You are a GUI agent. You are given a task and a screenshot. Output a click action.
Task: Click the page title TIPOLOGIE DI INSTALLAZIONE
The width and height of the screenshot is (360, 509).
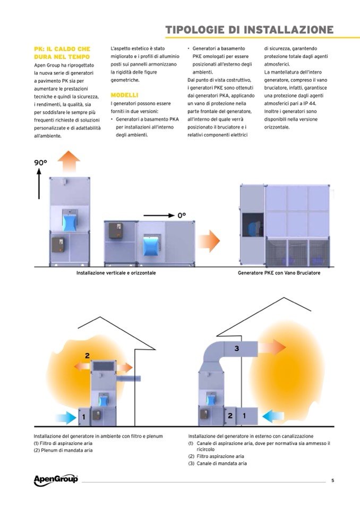coord(250,30)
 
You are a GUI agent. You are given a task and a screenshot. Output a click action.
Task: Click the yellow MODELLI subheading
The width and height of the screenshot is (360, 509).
coord(124,95)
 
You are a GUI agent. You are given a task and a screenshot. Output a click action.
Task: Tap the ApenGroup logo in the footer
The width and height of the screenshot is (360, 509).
coord(56,480)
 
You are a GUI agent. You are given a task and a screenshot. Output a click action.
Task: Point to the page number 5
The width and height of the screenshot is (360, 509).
coord(332,480)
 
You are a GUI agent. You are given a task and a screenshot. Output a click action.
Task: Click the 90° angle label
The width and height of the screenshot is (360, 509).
coord(40,162)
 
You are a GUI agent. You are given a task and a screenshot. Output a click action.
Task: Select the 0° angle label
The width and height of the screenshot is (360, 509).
coord(182,215)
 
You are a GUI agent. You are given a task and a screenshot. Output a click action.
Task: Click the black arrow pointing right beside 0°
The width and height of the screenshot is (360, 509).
coord(159,215)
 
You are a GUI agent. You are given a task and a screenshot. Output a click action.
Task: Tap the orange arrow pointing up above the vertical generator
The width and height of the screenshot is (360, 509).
coord(69,162)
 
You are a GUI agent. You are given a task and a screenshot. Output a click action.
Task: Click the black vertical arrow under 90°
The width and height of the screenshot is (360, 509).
coord(39,184)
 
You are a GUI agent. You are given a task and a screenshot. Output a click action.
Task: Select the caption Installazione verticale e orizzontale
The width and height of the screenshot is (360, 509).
coord(116,273)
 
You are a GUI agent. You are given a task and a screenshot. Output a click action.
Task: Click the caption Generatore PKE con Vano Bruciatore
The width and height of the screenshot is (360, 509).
coord(279,273)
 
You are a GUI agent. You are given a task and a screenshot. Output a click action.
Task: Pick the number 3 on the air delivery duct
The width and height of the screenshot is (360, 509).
coord(237,348)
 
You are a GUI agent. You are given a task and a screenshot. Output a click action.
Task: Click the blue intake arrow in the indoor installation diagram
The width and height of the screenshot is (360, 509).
coord(66,418)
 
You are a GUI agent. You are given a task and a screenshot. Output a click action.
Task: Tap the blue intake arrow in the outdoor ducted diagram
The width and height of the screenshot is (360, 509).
coord(273,416)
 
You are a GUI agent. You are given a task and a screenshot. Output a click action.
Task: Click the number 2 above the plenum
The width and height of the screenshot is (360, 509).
coord(87,356)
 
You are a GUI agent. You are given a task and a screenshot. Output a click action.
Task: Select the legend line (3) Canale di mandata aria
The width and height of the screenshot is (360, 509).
coord(218,463)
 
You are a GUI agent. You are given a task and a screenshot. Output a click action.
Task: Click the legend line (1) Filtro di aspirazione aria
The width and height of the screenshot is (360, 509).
coord(63,443)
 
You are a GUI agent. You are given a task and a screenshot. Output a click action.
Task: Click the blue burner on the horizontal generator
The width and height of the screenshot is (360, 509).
coord(151,245)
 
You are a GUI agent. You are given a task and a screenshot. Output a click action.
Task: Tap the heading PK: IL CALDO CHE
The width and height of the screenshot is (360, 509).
coord(62,49)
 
